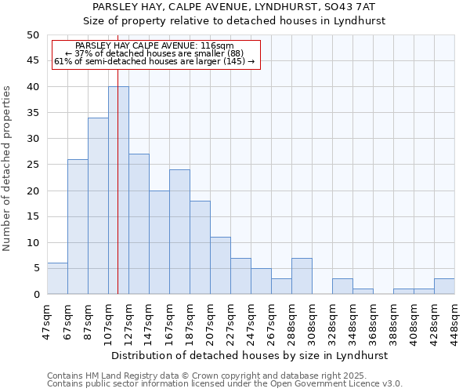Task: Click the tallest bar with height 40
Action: click(x=118, y=191)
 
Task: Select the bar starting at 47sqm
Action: click(x=57, y=278)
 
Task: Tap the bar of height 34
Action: click(x=98, y=206)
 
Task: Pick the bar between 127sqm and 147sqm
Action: click(x=139, y=224)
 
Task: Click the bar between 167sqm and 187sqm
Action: click(x=179, y=232)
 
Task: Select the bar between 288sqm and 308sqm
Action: click(x=302, y=276)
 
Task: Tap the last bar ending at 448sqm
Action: click(x=444, y=286)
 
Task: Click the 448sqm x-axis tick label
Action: click(x=456, y=320)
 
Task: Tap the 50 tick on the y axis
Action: click(x=33, y=35)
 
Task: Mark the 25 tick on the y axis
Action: click(x=33, y=165)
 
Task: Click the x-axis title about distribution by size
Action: click(x=250, y=355)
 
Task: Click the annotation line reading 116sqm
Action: click(x=155, y=46)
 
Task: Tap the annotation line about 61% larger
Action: click(x=155, y=61)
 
